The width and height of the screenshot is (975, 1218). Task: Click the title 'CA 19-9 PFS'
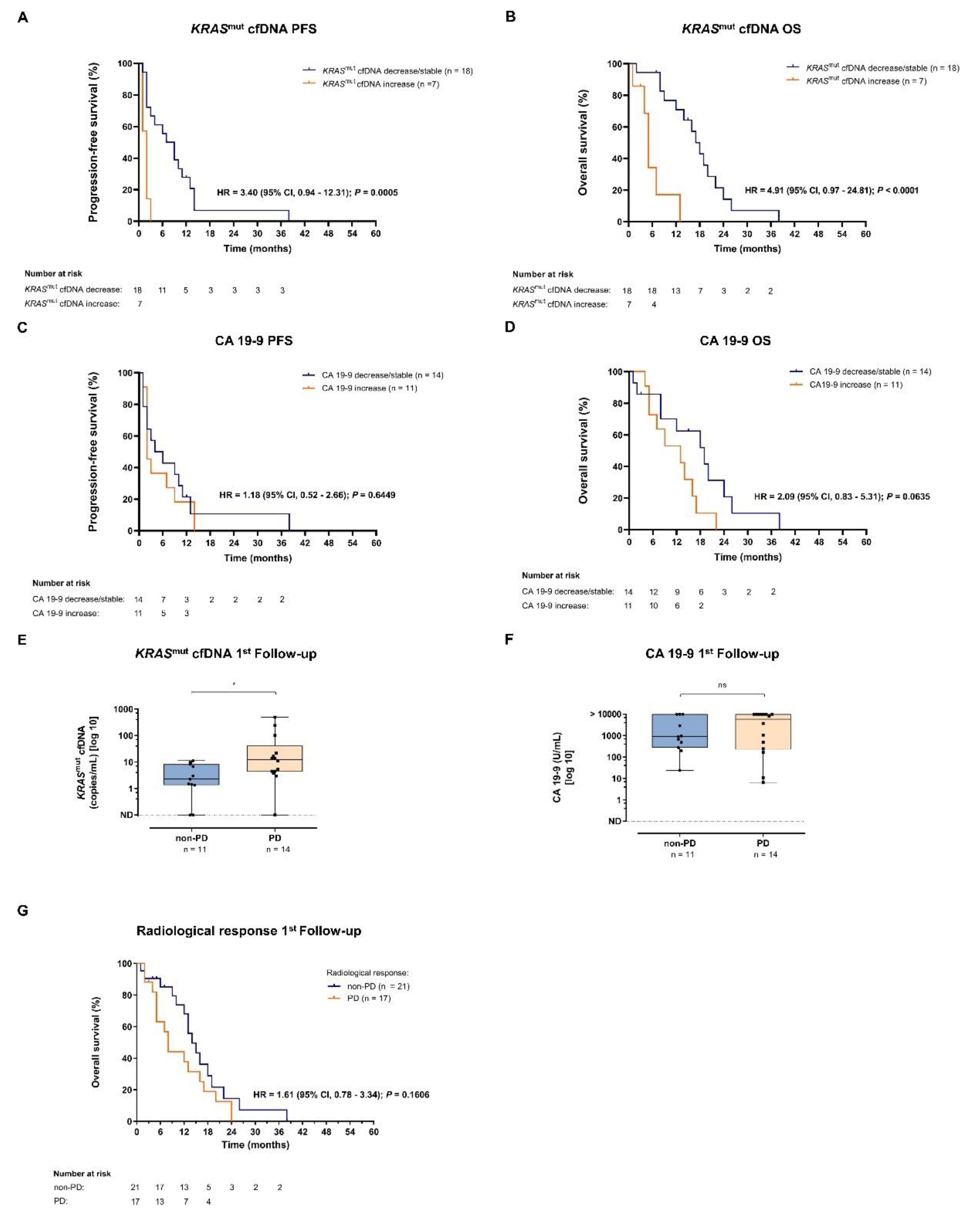254,341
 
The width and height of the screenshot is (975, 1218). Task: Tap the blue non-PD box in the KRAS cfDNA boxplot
192,775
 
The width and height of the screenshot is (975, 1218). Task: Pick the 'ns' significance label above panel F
722,685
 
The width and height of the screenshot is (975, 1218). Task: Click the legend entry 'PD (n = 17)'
368,998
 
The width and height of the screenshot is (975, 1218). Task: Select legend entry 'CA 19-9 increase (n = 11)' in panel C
369,388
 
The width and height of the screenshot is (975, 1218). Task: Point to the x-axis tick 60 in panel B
865,234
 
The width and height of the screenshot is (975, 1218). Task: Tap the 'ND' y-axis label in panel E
126,815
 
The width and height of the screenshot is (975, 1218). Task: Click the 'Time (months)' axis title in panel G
255,1144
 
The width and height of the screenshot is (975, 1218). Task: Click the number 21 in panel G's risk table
135,1187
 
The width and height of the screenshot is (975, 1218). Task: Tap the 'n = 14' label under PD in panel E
278,849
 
